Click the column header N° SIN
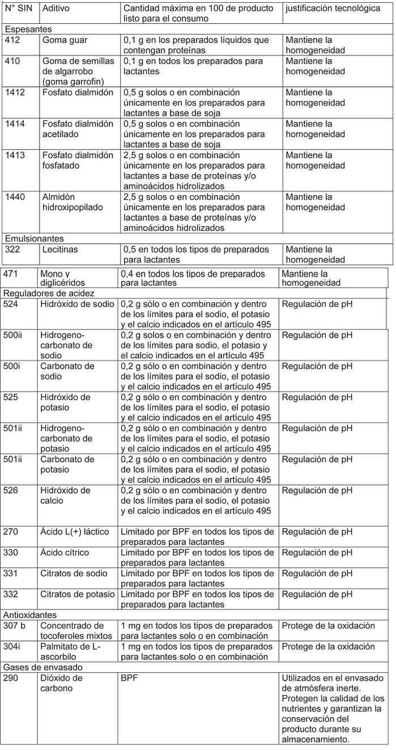tap(18, 9)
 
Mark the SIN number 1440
tap(15, 197)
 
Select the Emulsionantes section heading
tap(34, 239)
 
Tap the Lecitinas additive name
tap(60, 250)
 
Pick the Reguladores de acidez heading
tap(48, 293)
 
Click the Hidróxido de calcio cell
tap(65, 495)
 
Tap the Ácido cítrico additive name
tap(65, 553)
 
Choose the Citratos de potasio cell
tap(78, 594)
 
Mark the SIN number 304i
tap(13, 646)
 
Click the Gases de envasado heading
tap(42, 667)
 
